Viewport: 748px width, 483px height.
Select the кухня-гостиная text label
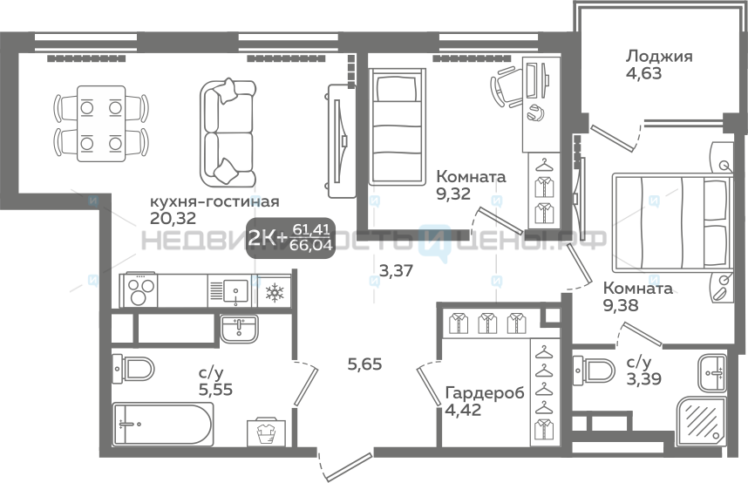tap(214, 201)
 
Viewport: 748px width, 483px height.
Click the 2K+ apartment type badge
tap(290, 238)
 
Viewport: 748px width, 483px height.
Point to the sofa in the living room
tap(228, 133)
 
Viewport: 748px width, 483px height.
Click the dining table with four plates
tap(101, 124)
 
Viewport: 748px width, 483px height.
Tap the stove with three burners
tap(141, 290)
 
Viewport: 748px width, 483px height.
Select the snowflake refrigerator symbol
tap(275, 293)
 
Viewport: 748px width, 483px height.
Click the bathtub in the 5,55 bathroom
tap(163, 424)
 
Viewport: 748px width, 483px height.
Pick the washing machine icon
tap(267, 433)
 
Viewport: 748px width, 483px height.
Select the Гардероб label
tap(485, 393)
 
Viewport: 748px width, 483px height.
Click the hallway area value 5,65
tap(365, 364)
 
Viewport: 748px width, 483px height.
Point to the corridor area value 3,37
tap(396, 271)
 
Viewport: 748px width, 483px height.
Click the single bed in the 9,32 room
tap(397, 126)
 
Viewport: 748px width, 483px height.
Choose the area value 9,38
tap(621, 305)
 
